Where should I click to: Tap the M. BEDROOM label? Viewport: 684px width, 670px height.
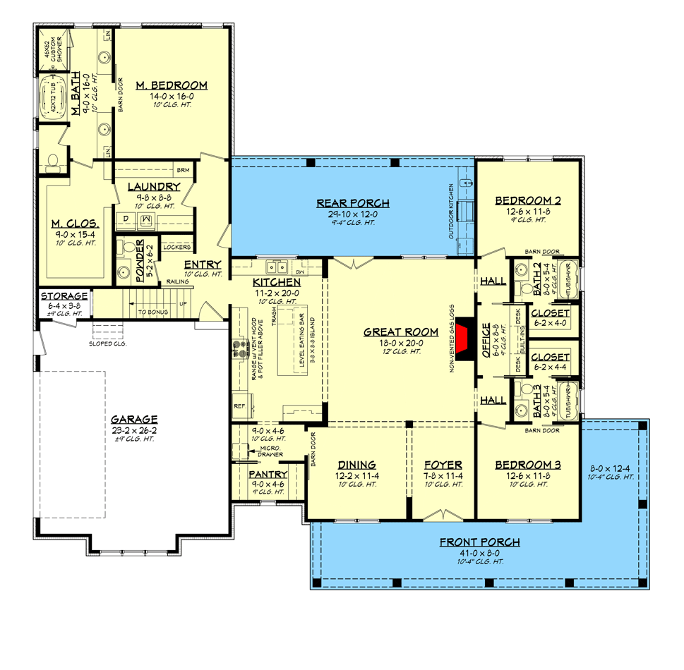tap(172, 85)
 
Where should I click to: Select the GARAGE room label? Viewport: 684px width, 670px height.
tap(133, 418)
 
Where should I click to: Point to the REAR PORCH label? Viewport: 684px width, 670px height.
tap(352, 204)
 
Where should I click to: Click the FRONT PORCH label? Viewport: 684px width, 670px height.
tap(479, 542)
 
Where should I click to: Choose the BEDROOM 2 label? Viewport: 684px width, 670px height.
tap(528, 200)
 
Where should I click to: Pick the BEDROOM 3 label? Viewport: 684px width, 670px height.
tap(528, 465)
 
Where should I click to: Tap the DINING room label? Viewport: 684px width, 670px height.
tap(356, 465)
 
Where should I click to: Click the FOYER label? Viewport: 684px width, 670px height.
tap(443, 465)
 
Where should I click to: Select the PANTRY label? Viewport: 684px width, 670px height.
tap(268, 475)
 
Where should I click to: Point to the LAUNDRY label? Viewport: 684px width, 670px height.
tap(153, 187)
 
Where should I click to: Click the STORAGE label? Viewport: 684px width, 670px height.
tap(64, 296)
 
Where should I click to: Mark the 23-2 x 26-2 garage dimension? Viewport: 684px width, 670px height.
tap(133, 430)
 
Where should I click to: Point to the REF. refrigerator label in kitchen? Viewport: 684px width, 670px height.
tap(239, 407)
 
